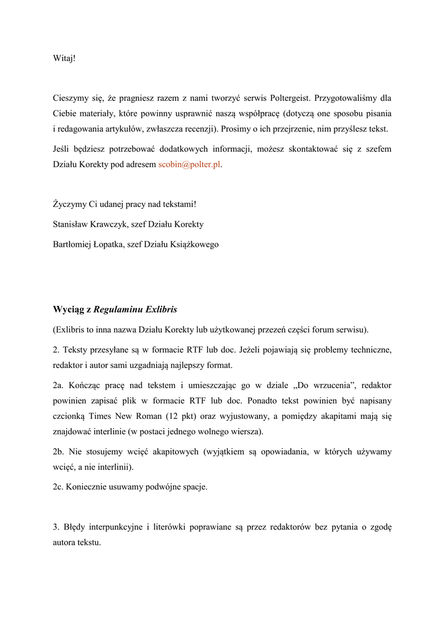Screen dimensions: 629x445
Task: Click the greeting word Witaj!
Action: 64,58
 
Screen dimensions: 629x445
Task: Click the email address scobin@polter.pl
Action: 189,165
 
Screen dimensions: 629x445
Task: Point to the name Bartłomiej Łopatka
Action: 90,244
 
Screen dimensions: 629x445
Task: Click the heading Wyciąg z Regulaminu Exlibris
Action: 115,309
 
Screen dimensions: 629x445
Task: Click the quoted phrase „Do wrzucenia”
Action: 322,385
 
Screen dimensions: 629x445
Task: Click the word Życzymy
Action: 70,205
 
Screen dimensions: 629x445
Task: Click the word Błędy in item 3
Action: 75,528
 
